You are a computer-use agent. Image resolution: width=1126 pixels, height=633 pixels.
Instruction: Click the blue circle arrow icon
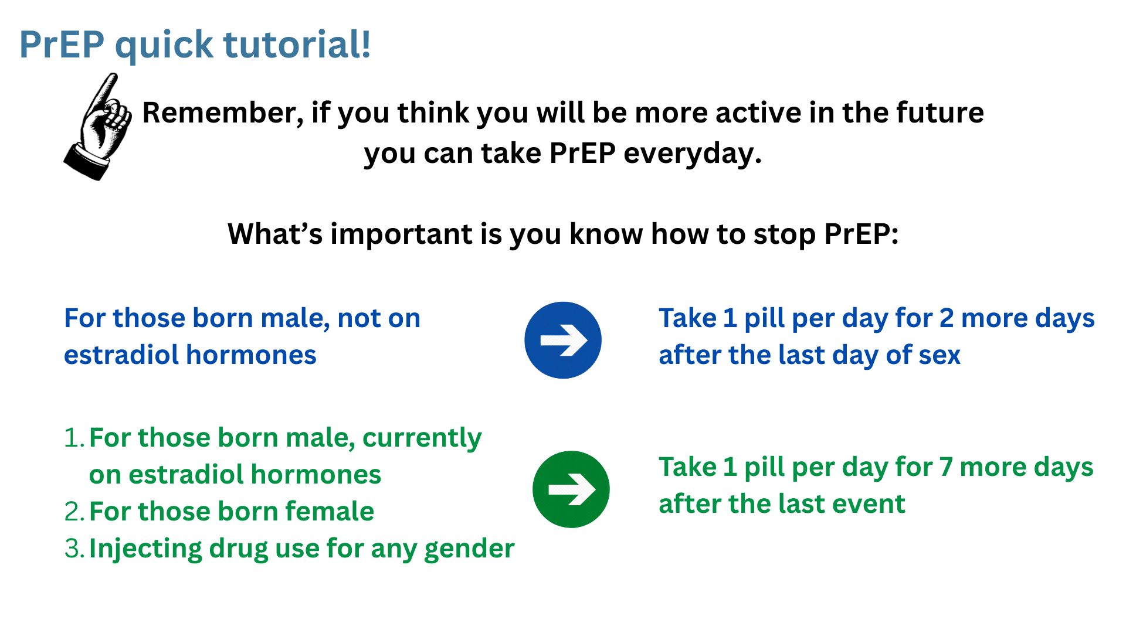(563, 340)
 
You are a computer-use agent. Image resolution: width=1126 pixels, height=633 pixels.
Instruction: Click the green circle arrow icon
(571, 489)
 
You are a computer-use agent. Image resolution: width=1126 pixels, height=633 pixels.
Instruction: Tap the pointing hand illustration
(98, 127)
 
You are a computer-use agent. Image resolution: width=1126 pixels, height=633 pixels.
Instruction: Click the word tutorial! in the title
(297, 44)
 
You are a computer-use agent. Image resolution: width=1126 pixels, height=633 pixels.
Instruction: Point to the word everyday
(693, 154)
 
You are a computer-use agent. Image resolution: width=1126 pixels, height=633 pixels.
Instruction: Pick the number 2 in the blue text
(947, 318)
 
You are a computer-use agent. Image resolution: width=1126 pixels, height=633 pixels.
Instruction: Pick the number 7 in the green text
(946, 467)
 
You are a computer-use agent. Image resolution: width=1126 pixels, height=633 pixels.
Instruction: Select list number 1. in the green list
(74, 438)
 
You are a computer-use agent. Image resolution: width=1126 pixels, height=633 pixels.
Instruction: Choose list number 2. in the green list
(74, 512)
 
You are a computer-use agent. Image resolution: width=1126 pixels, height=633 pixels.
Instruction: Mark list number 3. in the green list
(74, 549)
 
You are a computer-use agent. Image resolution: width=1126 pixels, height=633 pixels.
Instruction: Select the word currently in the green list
(422, 438)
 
